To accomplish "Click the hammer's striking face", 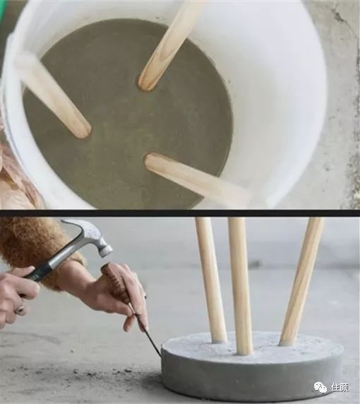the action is coord(106,251).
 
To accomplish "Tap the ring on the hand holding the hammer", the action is coord(20,309).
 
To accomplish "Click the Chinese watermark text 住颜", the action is coord(340,387).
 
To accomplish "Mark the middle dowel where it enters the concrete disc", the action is coord(244,352).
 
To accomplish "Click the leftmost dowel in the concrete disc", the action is coord(211,280).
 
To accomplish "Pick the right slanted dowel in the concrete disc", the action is coord(301,281).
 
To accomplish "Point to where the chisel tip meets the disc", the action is coord(162,357).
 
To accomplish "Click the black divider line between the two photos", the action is coord(180,213).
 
